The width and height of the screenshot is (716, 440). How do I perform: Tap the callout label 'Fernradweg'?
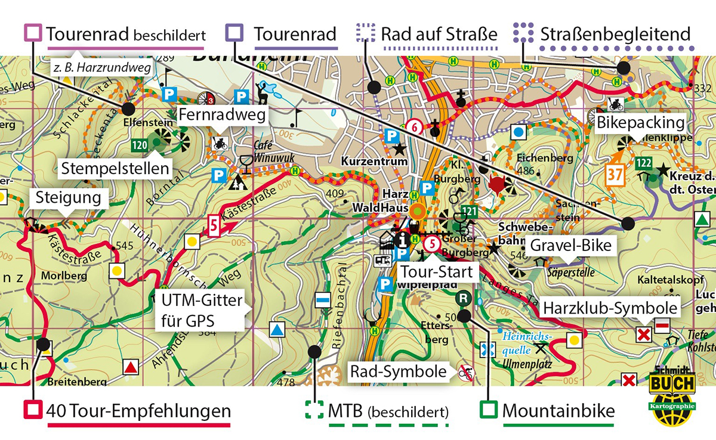click(x=221, y=115)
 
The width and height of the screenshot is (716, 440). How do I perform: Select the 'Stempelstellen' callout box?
click(x=115, y=169)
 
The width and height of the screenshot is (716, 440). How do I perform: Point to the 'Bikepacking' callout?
click(x=640, y=123)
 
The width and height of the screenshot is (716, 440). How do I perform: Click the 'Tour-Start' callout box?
click(x=436, y=272)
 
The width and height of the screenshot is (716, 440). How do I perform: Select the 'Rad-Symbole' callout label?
click(x=397, y=371)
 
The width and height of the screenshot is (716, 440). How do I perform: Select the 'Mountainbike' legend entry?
click(x=558, y=411)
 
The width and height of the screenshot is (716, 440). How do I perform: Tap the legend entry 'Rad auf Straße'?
click(x=439, y=34)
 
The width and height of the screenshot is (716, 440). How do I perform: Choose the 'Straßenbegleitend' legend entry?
click(x=615, y=34)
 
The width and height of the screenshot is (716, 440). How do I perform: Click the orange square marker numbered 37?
click(x=615, y=174)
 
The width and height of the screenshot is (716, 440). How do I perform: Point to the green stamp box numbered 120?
click(x=140, y=144)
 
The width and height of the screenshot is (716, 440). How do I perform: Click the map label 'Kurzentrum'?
click(x=366, y=162)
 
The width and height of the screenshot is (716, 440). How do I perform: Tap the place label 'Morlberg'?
click(x=64, y=276)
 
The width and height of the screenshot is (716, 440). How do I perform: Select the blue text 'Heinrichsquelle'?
click(x=526, y=341)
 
